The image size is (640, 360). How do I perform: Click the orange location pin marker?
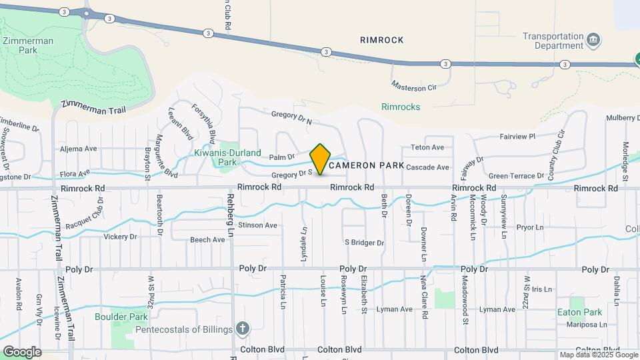point(321,159)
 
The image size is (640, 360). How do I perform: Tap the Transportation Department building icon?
point(593,41)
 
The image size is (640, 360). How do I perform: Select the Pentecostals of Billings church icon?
point(243,329)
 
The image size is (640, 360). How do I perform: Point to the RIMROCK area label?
point(382,40)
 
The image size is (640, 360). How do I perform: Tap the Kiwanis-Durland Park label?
point(216,157)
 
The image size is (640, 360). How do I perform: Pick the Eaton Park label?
point(580,312)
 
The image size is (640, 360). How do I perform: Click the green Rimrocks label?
point(401,107)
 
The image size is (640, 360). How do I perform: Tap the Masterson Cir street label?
point(413,87)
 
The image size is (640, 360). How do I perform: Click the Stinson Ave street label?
point(257,225)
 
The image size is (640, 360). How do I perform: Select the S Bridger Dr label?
point(364,243)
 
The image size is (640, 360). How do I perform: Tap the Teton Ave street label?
point(427,147)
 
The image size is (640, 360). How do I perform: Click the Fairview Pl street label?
point(517,137)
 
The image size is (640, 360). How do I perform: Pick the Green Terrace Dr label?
point(517,176)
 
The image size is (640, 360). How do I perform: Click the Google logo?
point(22,351)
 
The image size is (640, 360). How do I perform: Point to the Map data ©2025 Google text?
point(598,355)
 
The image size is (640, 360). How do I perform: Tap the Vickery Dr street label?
point(120,237)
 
